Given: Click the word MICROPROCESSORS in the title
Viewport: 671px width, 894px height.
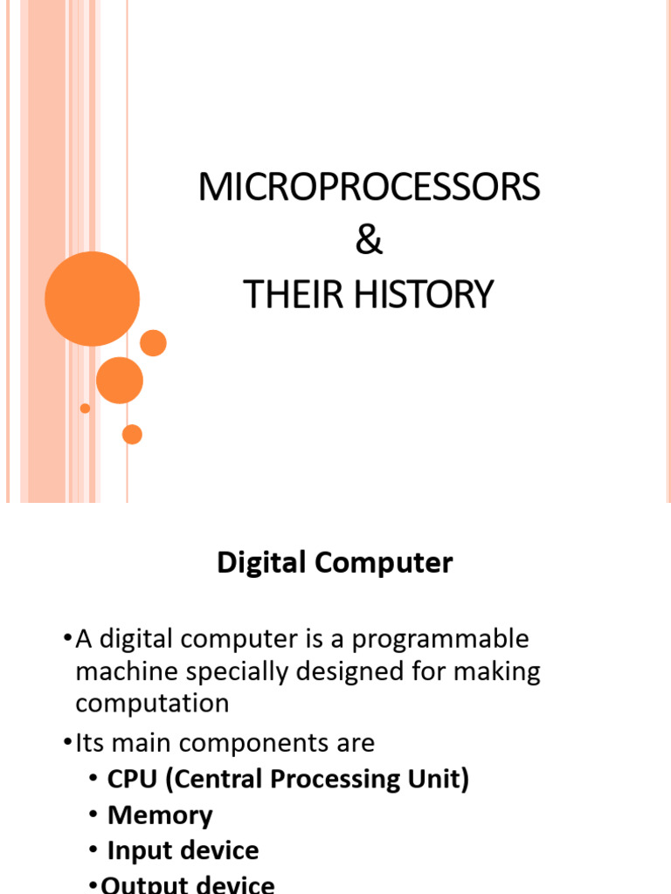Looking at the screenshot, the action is tap(369, 187).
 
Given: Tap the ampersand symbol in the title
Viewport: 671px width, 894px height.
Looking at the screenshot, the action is tap(369, 240).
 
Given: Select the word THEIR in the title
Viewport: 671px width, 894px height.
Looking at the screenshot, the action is tap(293, 294).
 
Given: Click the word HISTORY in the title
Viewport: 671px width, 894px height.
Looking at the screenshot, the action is tap(424, 294).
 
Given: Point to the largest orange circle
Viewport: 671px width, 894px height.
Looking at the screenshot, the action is tap(92, 299).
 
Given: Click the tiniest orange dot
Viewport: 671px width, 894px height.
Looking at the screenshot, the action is tap(85, 409).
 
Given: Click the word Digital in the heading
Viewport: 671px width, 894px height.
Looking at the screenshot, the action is tap(261, 563).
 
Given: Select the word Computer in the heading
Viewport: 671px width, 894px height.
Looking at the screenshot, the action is tap(384, 563).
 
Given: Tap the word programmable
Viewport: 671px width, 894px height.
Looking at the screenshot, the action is tap(440, 640).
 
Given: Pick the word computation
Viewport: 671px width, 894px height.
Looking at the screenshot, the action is tap(152, 705).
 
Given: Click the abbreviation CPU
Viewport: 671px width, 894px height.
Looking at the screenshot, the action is tap(132, 780).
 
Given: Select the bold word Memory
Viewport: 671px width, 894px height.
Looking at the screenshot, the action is tap(160, 816).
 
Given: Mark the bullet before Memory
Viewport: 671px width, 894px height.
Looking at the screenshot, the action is tap(93, 815).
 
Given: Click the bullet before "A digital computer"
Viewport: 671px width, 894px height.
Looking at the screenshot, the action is tap(68, 637).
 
